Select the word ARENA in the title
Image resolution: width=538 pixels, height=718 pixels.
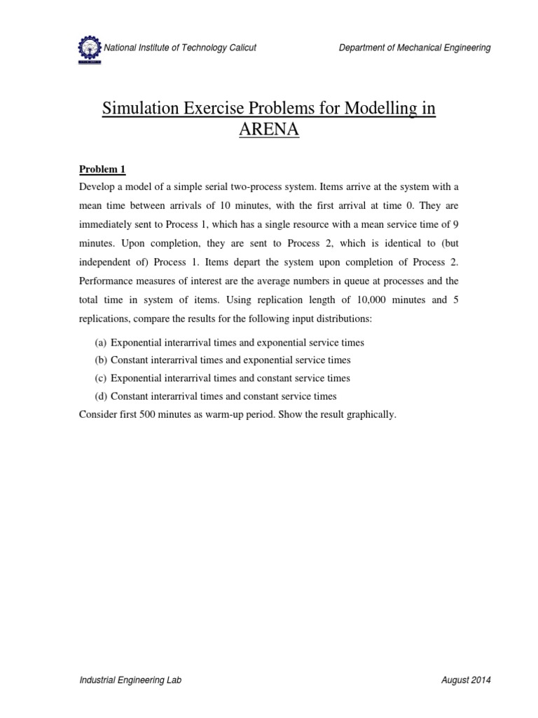(x=269, y=131)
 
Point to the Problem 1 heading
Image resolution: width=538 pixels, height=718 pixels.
(x=102, y=169)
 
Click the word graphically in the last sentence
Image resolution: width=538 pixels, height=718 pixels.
(x=371, y=414)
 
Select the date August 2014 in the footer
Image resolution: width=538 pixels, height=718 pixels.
(x=467, y=681)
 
